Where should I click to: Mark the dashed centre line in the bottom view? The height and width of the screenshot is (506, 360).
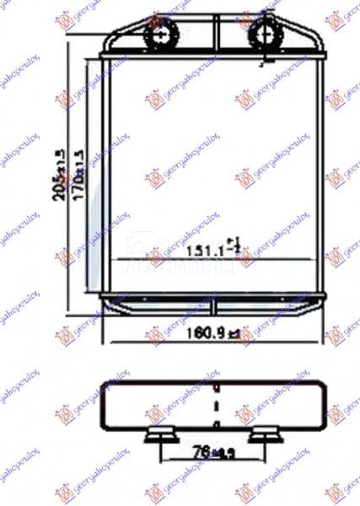216,405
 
